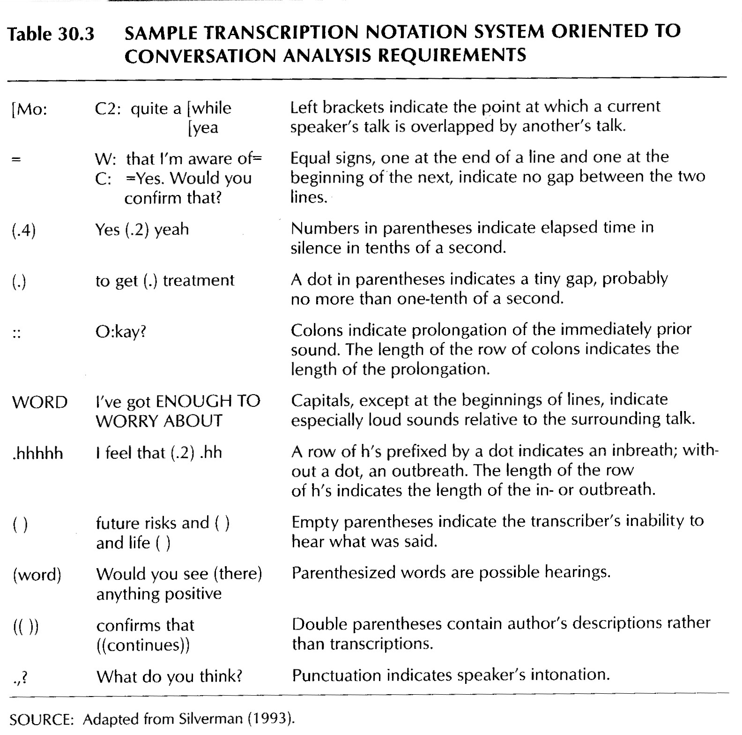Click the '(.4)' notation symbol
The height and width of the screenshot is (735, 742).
coord(23,231)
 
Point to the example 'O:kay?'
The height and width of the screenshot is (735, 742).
coord(121,332)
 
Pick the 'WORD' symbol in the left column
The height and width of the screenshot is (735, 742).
coord(40,402)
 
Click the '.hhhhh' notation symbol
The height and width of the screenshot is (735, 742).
coord(38,453)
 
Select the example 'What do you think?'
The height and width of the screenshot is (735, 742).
coord(169,676)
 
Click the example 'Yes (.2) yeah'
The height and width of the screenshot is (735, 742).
coord(142,230)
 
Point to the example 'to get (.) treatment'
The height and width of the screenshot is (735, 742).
coord(165,280)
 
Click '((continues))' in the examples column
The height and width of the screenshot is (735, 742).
coord(143,645)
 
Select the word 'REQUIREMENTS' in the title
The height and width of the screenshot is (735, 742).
coord(452,55)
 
